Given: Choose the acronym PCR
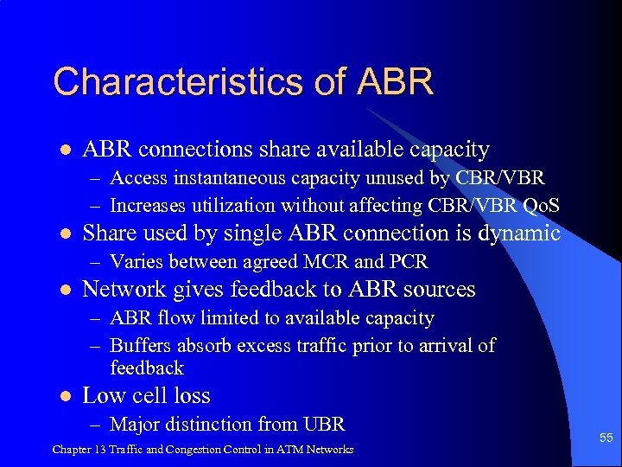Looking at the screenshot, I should [x=409, y=262].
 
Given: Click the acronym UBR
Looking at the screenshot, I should [x=324, y=425].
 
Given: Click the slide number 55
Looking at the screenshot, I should [x=606, y=438].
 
